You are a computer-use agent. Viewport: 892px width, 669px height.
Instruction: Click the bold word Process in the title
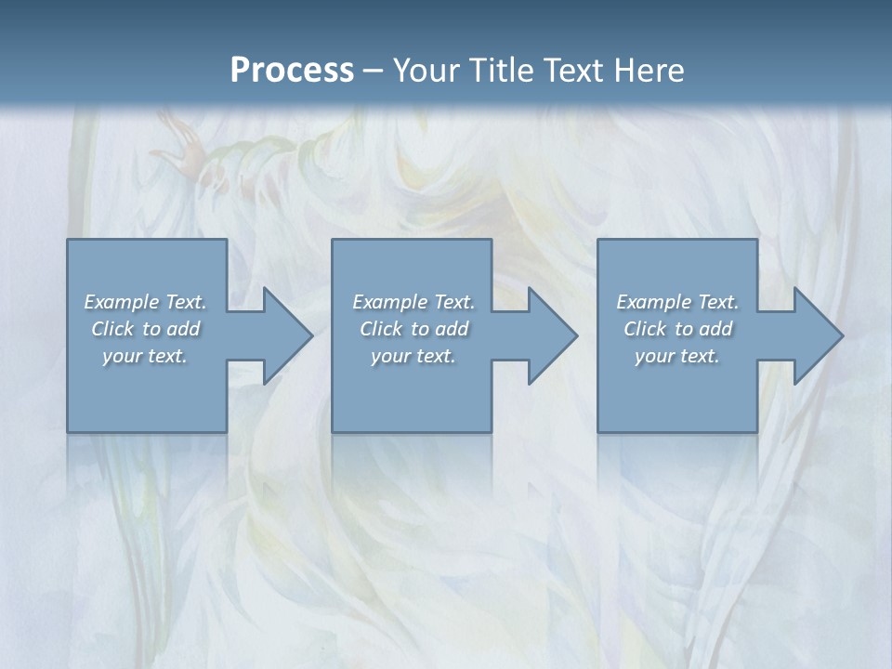point(292,71)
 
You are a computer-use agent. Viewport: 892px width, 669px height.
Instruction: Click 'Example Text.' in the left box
point(145,302)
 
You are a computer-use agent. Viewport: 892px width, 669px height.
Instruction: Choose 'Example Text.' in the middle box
point(413,302)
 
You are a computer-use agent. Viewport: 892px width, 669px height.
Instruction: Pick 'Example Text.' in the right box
point(677,302)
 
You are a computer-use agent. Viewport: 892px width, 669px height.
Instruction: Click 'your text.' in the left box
point(145,356)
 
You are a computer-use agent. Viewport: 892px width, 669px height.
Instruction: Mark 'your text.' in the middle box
point(413,356)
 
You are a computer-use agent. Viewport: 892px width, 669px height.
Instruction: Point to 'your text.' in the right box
point(677,356)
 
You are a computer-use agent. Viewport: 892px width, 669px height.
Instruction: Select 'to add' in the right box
point(704,329)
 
